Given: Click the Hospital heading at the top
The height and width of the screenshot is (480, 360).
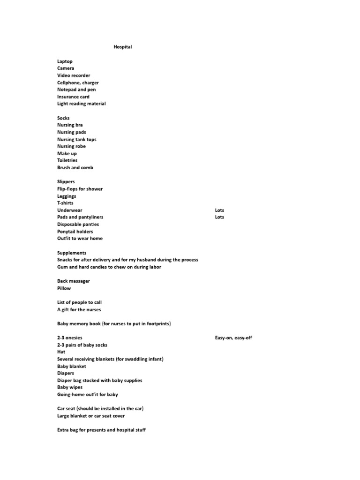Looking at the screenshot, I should click(122, 47).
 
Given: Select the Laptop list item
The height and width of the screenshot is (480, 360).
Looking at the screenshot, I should click(65, 61).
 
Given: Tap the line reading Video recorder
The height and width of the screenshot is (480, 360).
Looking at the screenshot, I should click(74, 75).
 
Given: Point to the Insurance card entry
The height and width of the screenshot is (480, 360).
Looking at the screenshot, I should click(73, 97).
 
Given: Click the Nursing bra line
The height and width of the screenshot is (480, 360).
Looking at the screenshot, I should click(70, 125).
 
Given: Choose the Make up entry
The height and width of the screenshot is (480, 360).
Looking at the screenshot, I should click(67, 153).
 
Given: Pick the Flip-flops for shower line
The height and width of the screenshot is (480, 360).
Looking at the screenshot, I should click(80, 189).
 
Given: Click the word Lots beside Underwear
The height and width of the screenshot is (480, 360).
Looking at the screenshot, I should click(219, 210).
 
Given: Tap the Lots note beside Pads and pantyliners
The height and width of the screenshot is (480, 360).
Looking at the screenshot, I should click(219, 217).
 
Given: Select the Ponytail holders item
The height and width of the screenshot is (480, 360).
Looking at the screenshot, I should click(75, 232).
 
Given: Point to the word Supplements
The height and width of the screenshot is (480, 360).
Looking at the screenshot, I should click(72, 253).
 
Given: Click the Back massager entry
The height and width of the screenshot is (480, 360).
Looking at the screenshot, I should click(74, 281).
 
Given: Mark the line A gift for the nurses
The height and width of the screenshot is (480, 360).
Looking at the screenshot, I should click(79, 310).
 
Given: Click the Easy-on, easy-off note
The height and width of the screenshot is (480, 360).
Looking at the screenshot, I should click(233, 338).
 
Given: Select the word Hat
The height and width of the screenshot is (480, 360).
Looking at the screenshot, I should click(61, 352).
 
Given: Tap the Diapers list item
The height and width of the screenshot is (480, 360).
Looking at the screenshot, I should click(66, 374).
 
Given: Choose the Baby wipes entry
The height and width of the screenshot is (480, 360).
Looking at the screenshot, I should click(70, 388).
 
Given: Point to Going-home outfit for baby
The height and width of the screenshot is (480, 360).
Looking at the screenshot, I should click(88, 395).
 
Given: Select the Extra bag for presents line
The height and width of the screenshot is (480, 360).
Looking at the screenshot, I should click(101, 430).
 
